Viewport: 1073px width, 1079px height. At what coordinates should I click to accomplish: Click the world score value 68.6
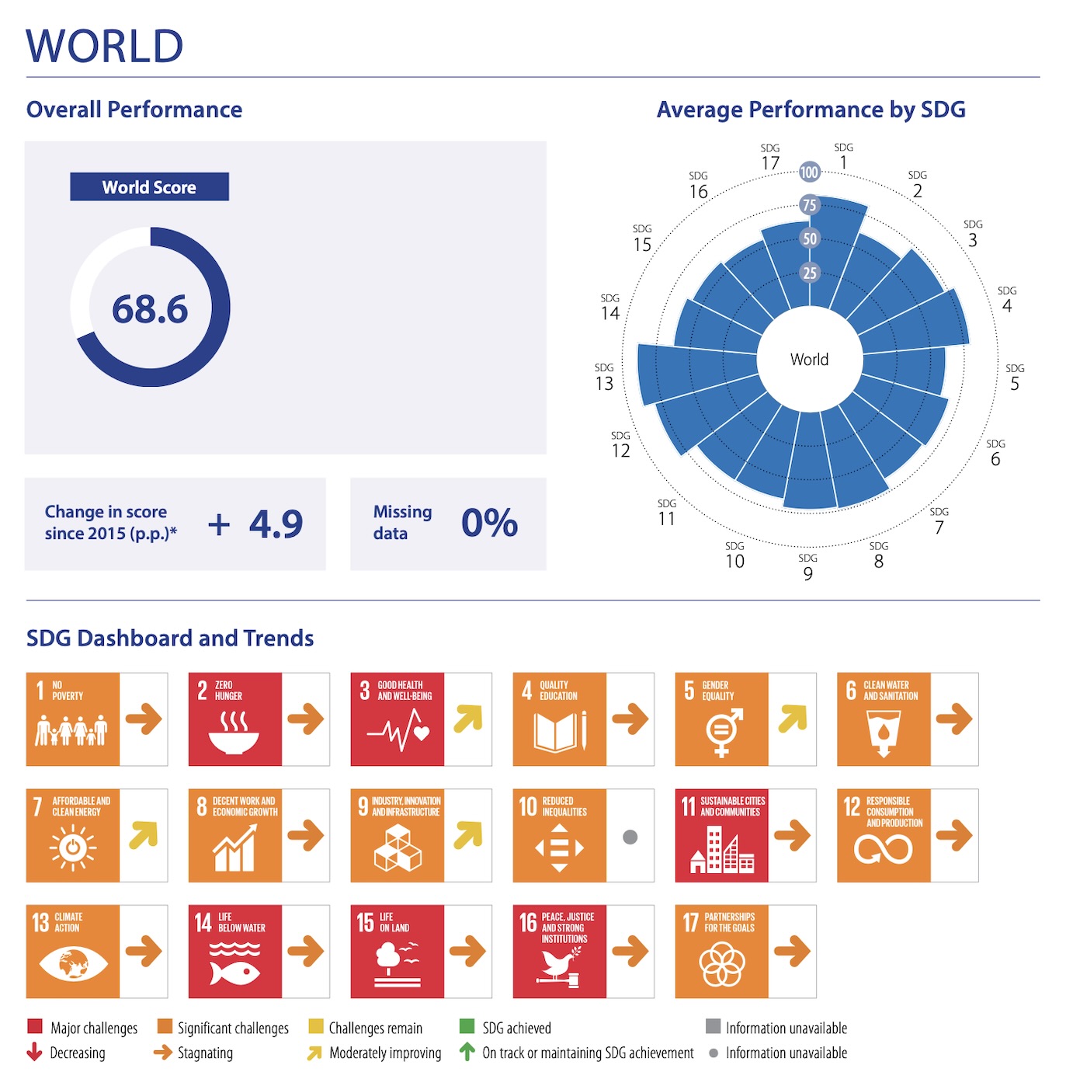click(x=150, y=309)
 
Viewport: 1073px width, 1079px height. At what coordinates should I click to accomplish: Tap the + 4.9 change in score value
click(x=255, y=524)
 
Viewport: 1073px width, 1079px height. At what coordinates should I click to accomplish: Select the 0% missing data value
click(x=489, y=523)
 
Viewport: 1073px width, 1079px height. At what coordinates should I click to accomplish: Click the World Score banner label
click(x=149, y=187)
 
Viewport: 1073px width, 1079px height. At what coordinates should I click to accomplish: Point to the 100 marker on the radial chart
click(x=809, y=172)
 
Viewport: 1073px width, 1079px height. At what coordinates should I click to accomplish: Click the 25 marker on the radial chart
click(x=809, y=273)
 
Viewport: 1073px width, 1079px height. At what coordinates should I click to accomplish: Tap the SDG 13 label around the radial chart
click(x=605, y=378)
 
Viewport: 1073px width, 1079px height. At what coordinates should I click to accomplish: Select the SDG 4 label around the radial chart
click(x=1007, y=300)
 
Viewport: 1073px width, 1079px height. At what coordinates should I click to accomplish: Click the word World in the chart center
click(x=809, y=360)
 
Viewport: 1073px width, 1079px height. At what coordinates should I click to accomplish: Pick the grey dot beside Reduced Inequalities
click(x=630, y=837)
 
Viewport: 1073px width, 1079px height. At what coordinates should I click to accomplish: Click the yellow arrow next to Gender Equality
click(x=793, y=719)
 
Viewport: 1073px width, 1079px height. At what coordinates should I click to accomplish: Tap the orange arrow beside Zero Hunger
click(x=306, y=719)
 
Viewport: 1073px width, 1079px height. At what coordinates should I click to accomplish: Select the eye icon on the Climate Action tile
click(x=73, y=964)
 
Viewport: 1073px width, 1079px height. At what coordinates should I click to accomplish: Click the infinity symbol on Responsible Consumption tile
click(x=883, y=849)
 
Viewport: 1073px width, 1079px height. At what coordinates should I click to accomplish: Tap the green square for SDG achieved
click(x=467, y=1027)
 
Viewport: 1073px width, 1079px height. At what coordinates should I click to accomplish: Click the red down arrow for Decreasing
click(x=34, y=1053)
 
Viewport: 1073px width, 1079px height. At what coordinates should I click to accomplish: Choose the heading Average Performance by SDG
click(x=811, y=110)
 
